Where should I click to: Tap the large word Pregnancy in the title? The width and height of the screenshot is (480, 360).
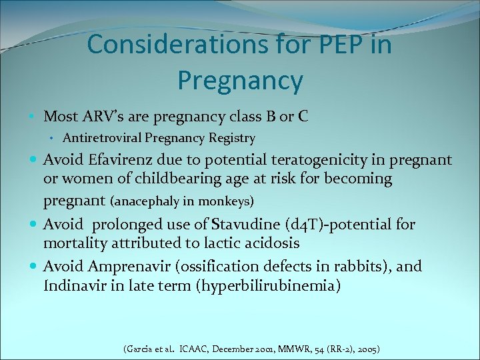(240, 81)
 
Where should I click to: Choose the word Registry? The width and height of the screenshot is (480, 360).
(232, 139)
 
